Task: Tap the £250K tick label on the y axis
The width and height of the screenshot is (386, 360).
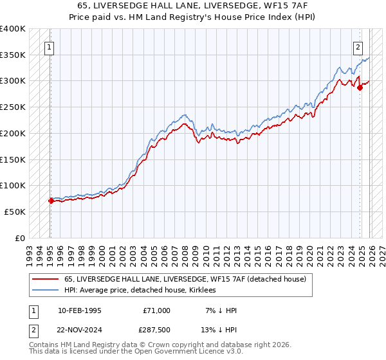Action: click(12, 107)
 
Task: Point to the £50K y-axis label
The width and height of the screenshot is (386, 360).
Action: click(15, 212)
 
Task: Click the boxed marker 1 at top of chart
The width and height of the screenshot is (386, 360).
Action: click(50, 46)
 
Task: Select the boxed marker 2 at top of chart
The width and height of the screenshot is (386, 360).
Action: click(358, 46)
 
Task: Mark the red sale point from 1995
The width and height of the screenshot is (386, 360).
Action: click(50, 201)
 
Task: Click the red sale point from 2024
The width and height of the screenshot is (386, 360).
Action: click(360, 87)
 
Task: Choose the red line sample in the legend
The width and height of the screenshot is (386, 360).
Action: click(46, 279)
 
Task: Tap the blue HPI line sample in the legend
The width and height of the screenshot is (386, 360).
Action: click(46, 290)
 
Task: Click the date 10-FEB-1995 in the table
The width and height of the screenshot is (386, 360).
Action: click(79, 310)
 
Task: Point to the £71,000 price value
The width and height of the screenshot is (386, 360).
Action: click(156, 310)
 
